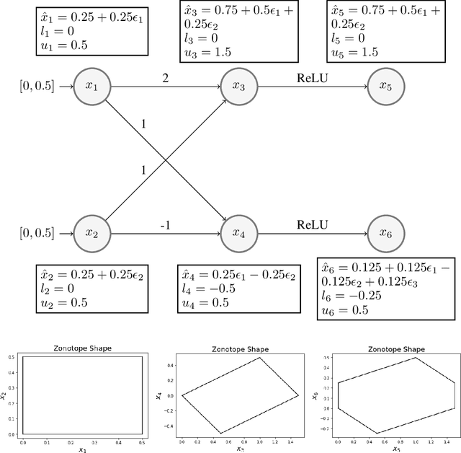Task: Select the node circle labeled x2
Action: tap(91, 232)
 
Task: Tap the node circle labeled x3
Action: tap(238, 86)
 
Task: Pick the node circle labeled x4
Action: tap(238, 232)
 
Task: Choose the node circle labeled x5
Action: tap(385, 86)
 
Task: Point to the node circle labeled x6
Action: tap(385, 232)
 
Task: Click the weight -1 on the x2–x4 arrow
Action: tap(165, 224)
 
